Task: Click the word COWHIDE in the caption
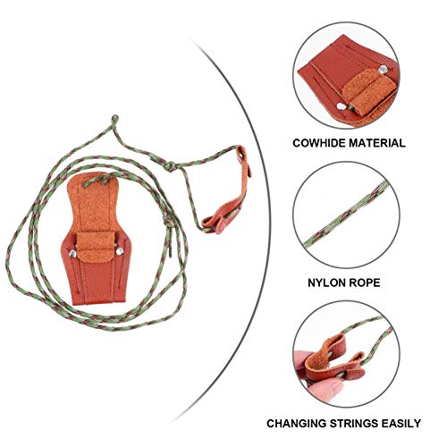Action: pos(318,142)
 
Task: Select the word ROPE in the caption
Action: pos(365,282)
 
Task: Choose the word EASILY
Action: pos(402,423)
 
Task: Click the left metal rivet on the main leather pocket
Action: pos(71,256)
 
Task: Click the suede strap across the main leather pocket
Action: pos(94,243)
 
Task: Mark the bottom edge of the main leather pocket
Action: pos(92,300)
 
